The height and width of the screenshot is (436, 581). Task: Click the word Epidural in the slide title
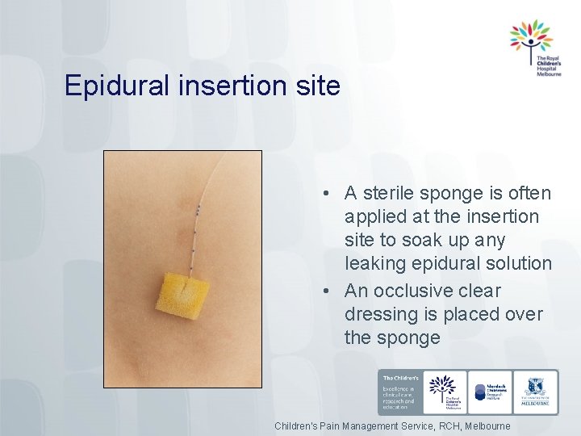(113, 86)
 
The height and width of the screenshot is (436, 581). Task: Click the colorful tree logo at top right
(530, 36)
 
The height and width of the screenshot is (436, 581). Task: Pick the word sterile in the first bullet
(394, 194)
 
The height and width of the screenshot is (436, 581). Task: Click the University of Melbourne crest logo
(535, 388)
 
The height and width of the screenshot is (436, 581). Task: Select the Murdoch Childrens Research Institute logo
(490, 392)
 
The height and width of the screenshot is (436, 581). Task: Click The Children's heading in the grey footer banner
(399, 378)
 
